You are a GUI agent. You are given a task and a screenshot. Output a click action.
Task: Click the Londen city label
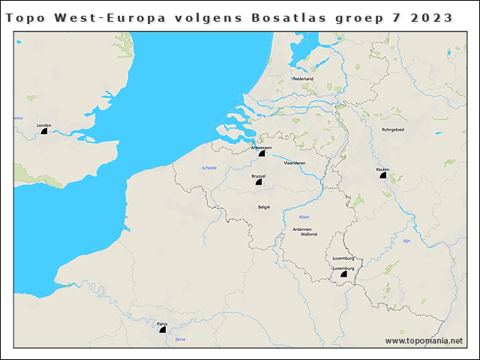coord(43,125)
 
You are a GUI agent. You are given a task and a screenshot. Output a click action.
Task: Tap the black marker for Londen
coord(43,131)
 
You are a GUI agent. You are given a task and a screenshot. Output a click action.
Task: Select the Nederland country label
coord(303,79)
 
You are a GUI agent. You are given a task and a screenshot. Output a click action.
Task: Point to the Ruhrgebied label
coord(393,129)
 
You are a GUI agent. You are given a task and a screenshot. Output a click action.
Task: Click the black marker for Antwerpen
coord(262,153)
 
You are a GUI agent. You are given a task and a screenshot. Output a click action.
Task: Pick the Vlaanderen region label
coord(295,162)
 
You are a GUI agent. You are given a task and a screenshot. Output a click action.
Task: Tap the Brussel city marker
coord(259,181)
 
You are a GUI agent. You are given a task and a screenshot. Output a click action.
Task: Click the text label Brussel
coord(259,175)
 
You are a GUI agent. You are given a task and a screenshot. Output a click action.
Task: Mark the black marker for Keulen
coord(383,175)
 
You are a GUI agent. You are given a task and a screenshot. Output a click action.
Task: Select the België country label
coord(264,207)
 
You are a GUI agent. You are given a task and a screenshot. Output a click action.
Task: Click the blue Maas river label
coord(304,217)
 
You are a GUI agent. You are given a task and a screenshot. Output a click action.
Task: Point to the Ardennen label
coord(301,229)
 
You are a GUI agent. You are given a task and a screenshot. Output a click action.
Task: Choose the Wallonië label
coord(310,234)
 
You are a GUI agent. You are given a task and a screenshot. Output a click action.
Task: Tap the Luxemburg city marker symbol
coord(343,274)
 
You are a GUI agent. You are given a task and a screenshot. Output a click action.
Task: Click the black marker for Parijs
coord(163,328)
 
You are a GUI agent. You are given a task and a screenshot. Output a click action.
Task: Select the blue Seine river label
coord(180,340)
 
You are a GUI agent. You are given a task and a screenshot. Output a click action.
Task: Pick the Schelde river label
coord(209,167)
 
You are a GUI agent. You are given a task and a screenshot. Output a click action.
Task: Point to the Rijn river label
coord(407,241)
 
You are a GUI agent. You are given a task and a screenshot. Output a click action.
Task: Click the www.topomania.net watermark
coord(424,341)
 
